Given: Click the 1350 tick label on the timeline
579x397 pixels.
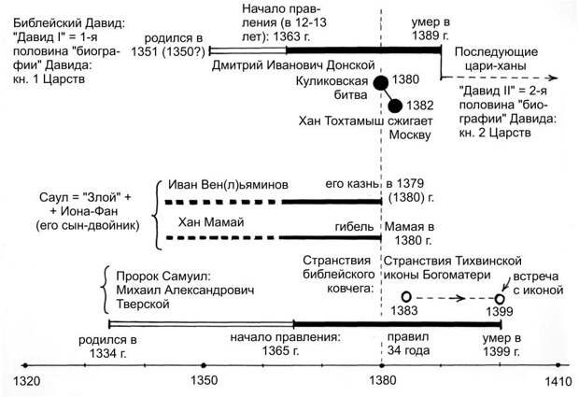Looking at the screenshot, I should [204, 381].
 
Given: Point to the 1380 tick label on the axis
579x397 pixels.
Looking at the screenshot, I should [382, 381].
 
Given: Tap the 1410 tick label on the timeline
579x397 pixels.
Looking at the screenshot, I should [558, 381].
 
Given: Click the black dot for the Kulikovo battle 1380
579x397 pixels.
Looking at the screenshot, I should [381, 84].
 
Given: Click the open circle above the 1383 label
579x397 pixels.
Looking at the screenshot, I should [407, 296].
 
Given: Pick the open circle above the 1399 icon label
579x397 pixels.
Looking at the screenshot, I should [501, 298].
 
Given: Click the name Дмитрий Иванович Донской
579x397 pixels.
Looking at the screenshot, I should [293, 65].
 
